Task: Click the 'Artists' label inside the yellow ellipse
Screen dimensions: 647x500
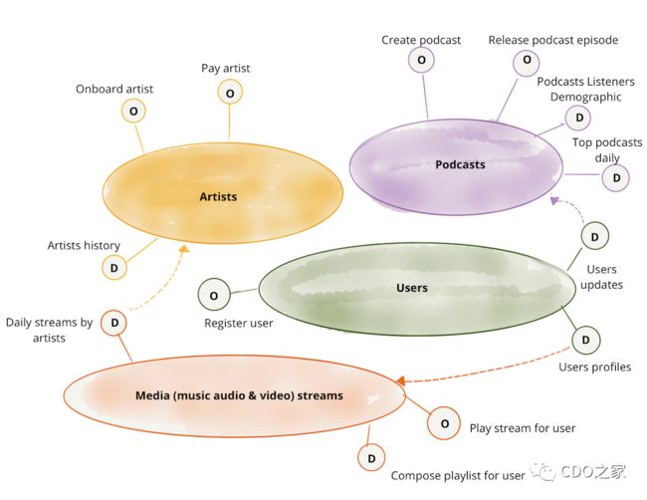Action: pyautogui.click(x=218, y=196)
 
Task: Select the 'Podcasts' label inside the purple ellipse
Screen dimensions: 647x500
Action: pyautogui.click(x=460, y=164)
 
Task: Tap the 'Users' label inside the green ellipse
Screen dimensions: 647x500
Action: pyautogui.click(x=412, y=288)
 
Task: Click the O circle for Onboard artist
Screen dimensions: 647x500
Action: pyautogui.click(x=133, y=112)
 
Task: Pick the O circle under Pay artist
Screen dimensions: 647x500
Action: pyautogui.click(x=230, y=93)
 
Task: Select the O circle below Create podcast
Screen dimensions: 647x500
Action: pyautogui.click(x=421, y=60)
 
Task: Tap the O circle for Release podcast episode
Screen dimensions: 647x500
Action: pyautogui.click(x=527, y=61)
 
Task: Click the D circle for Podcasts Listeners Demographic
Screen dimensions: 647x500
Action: pyautogui.click(x=578, y=118)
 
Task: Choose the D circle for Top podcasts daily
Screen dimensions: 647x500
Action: pyautogui.click(x=615, y=178)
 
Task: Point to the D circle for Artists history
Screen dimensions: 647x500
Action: pyautogui.click(x=114, y=268)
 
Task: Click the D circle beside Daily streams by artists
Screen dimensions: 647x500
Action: pyautogui.click(x=114, y=323)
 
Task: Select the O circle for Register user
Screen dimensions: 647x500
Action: pyautogui.click(x=214, y=295)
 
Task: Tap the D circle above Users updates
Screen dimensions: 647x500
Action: pyautogui.click(x=595, y=236)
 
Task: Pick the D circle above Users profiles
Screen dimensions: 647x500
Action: pyautogui.click(x=586, y=340)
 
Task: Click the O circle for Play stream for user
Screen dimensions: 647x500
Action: pyautogui.click(x=444, y=423)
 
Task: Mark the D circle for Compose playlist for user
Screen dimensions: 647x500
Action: pyautogui.click(x=371, y=458)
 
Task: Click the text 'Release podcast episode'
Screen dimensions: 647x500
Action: pyautogui.click(x=553, y=40)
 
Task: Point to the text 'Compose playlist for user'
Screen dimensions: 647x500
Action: pyautogui.click(x=458, y=476)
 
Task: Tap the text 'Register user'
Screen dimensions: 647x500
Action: pyautogui.click(x=239, y=324)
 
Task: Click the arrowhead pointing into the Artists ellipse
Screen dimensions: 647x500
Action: pyautogui.click(x=183, y=249)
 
